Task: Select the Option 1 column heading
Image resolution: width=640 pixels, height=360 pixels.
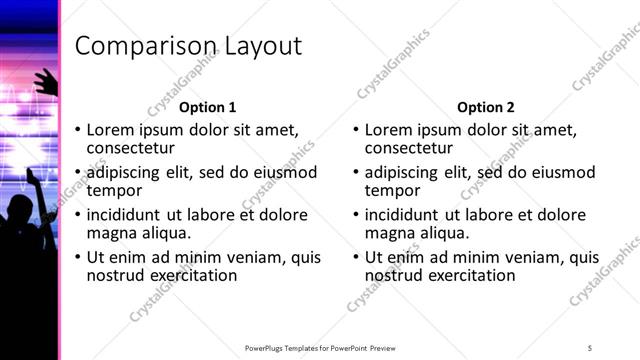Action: [x=208, y=107]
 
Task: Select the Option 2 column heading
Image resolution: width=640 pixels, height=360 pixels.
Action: [x=486, y=107]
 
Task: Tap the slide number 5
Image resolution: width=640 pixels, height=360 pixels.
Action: [x=590, y=347]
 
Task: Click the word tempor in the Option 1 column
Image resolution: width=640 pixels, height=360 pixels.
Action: [x=113, y=191]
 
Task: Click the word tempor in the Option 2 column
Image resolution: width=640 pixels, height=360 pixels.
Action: [x=391, y=191]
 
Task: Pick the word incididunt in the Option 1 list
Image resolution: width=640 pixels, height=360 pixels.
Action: [x=125, y=214]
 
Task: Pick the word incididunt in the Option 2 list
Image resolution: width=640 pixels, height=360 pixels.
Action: [x=403, y=214]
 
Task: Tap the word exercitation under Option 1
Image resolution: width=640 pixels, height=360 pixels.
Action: [x=191, y=275]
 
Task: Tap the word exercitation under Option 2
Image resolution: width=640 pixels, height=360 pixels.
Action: [x=469, y=275]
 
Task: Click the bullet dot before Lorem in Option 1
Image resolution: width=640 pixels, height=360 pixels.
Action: [x=78, y=131]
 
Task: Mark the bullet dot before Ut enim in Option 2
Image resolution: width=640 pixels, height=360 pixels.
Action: [x=356, y=258]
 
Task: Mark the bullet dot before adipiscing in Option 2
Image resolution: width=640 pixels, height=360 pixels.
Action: [x=356, y=173]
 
